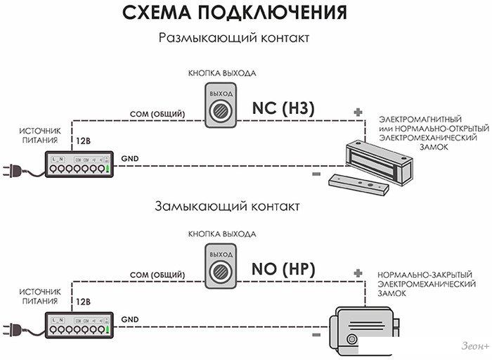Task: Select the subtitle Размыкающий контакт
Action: (x=233, y=37)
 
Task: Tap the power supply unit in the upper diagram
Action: (x=78, y=165)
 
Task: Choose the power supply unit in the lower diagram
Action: (x=78, y=323)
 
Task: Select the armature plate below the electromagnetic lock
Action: (x=358, y=184)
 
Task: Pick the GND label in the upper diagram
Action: (x=129, y=159)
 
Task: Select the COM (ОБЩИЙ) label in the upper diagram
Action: (x=157, y=114)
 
